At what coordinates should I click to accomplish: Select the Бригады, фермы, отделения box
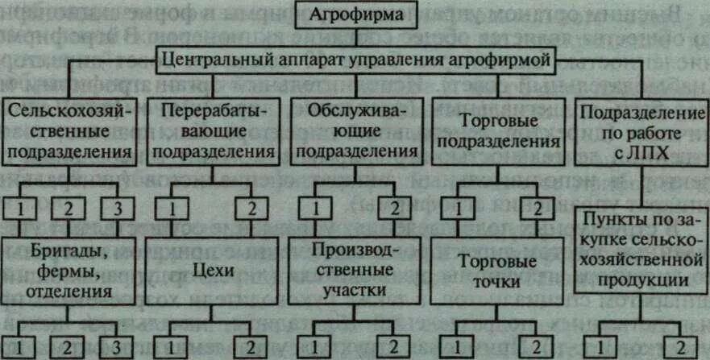(72, 266)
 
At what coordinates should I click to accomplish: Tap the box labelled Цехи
(211, 271)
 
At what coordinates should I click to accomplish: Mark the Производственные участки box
(354, 267)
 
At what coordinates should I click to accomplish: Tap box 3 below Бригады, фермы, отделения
(118, 348)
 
